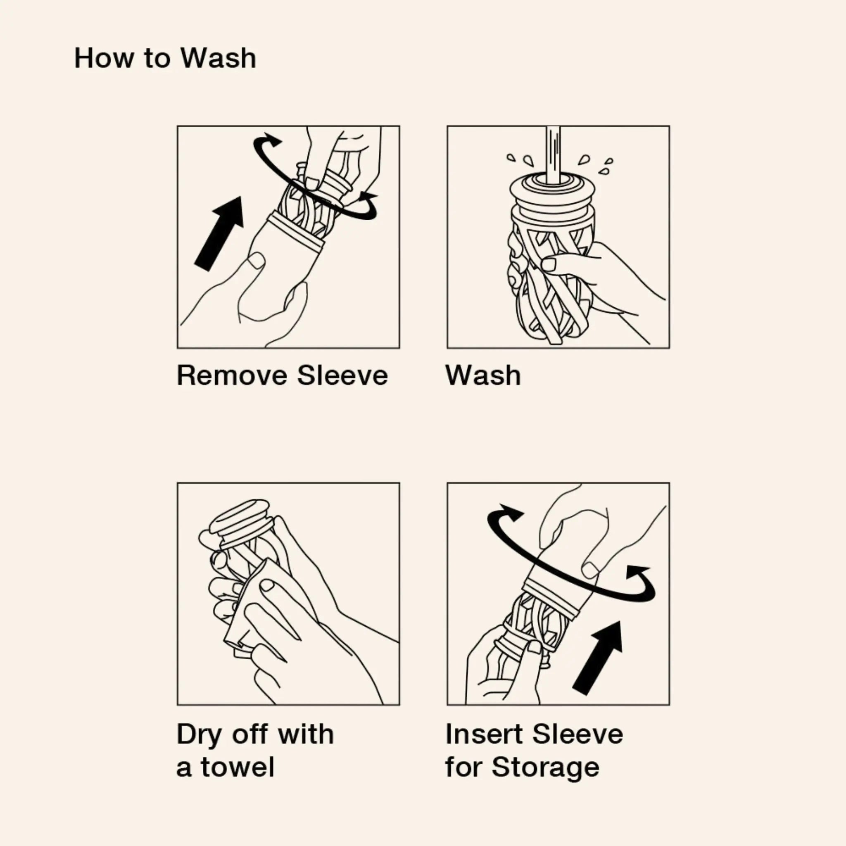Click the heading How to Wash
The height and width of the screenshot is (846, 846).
165,58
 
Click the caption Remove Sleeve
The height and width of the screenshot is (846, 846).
283,376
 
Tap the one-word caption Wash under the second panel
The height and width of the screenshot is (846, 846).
483,376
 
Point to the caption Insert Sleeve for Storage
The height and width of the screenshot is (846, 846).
534,752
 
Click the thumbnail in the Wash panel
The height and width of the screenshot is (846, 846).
549,264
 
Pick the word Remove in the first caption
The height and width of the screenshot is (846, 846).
233,376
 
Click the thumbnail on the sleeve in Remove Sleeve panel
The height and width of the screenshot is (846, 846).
256,262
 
